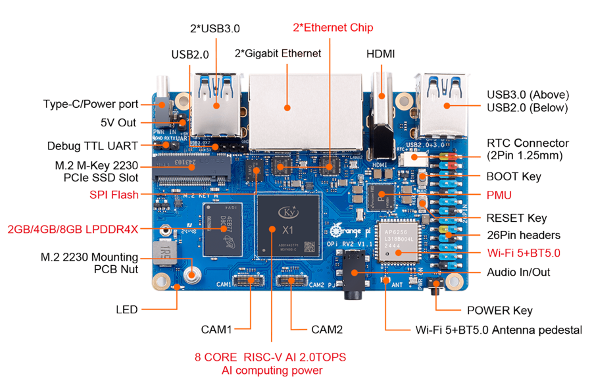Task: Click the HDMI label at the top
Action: pos(380,53)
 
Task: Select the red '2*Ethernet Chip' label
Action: pos(333,28)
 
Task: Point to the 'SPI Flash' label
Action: pos(114,194)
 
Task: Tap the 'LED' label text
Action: pos(126,309)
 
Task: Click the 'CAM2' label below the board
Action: pos(326,328)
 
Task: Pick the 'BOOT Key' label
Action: pos(512,176)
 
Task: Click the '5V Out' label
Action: pos(120,122)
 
